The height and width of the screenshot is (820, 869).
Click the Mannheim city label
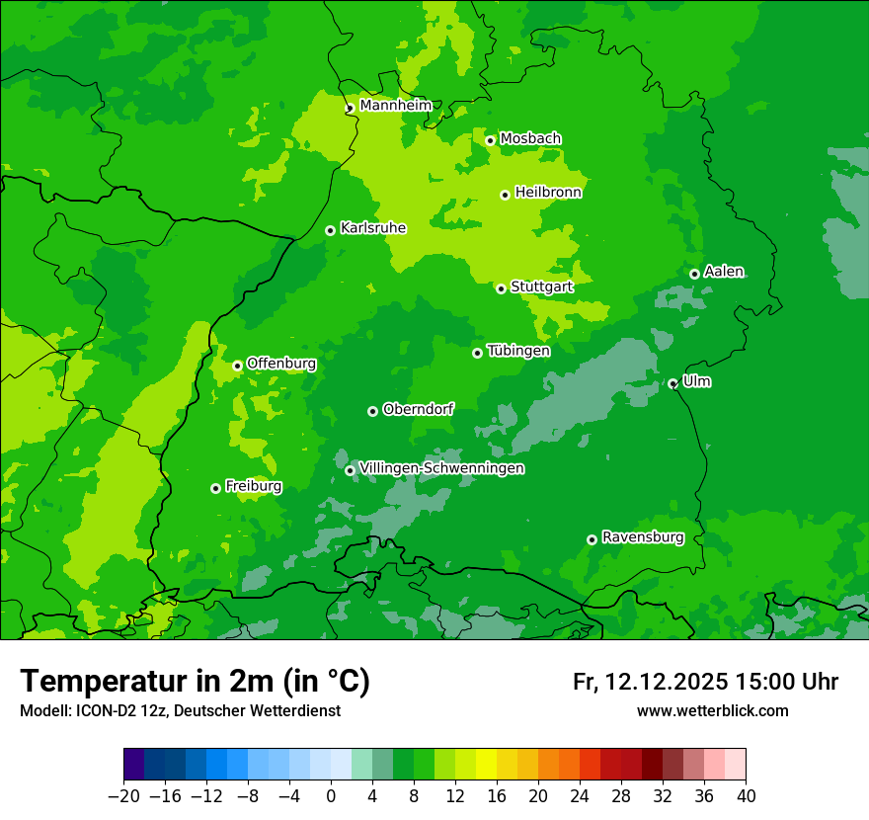[x=395, y=105]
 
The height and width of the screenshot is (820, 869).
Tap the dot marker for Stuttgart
[x=502, y=288]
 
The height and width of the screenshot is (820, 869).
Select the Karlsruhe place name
[x=373, y=227]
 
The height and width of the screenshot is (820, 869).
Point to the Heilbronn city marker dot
[x=505, y=195]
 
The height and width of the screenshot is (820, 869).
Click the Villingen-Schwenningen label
[x=442, y=467]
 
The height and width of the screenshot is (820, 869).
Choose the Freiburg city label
[x=253, y=486]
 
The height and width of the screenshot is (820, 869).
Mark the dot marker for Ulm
[x=672, y=383]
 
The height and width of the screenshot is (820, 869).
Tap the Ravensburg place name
[x=643, y=537]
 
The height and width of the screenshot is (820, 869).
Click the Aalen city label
[x=724, y=272]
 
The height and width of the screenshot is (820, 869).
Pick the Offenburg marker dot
[x=237, y=366]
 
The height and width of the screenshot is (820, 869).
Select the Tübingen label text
[x=518, y=351]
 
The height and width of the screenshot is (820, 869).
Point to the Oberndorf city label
[x=418, y=408]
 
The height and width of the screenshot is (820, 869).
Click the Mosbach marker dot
[x=490, y=140]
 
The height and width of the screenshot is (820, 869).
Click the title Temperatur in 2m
[x=196, y=681]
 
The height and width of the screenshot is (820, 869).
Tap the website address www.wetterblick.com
[x=712, y=710]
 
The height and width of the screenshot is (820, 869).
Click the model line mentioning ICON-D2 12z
[x=180, y=710]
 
